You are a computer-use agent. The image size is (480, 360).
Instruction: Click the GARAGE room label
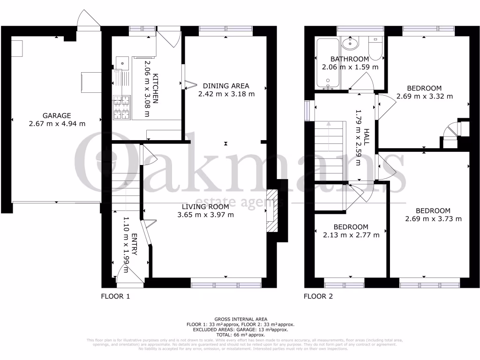coord(57,115)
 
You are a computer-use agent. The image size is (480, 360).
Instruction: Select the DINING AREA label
coord(226,86)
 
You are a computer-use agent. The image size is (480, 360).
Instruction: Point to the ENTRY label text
coord(135,244)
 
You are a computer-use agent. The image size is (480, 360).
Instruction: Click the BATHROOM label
coord(350,59)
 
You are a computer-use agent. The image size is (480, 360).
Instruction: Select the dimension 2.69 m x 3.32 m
coord(424,97)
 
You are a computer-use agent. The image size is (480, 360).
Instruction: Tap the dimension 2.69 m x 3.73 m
coord(433,219)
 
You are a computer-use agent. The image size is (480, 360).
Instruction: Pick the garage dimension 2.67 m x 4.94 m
coord(57,124)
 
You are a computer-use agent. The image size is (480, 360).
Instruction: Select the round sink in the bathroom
coord(349,44)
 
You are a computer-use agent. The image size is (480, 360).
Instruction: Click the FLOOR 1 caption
coord(115,296)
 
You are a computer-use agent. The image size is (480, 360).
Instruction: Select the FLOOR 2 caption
coord(318,296)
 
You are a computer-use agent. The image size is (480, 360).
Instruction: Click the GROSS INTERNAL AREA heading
coord(240,319)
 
